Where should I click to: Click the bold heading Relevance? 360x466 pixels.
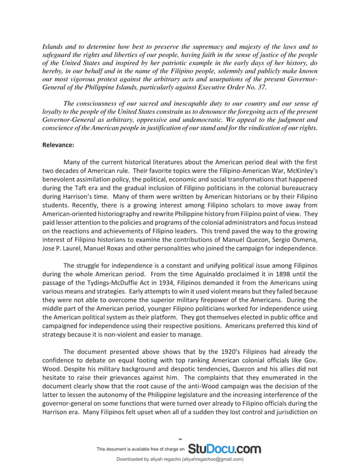pos(58,144)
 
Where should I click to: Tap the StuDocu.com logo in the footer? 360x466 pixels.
pos(224,449)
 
